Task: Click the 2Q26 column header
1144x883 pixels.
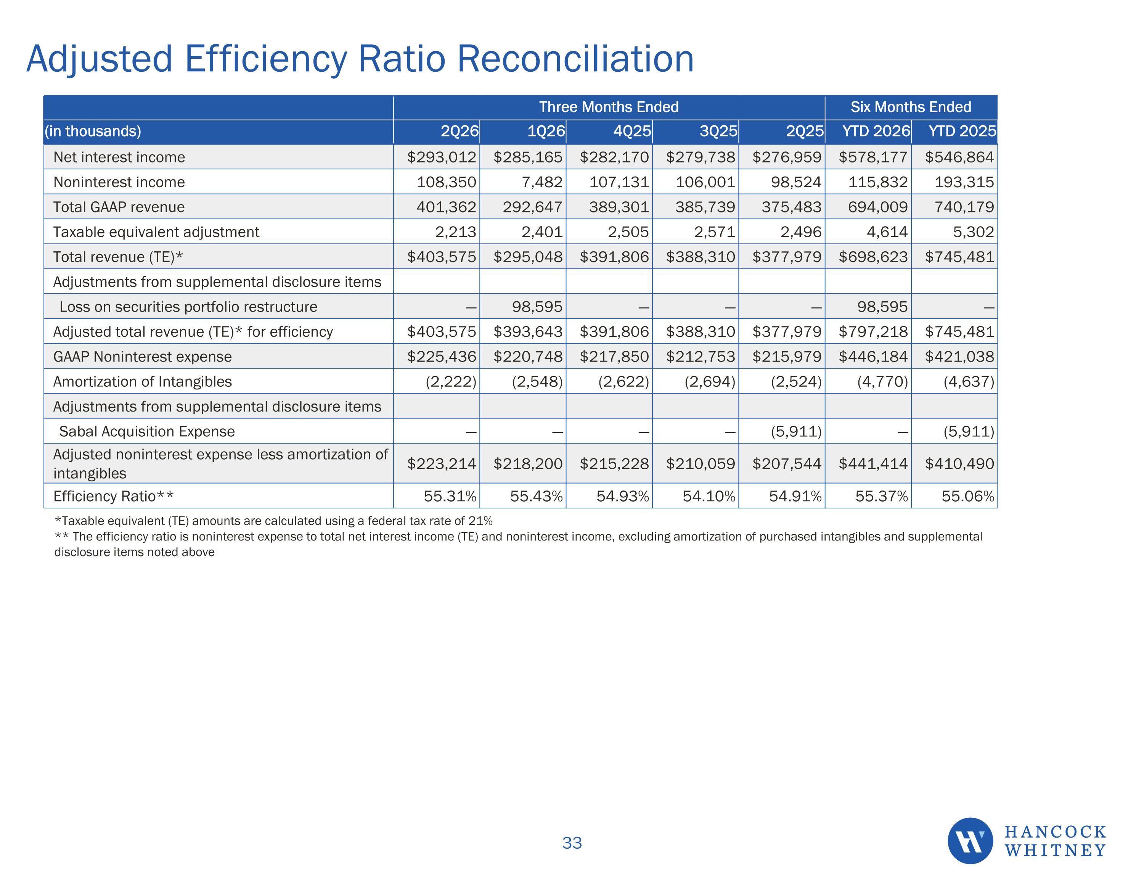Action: (x=460, y=131)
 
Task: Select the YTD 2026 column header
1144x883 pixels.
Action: (x=876, y=131)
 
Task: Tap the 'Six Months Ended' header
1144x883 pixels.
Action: (x=911, y=107)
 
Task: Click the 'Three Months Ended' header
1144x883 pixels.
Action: (x=609, y=107)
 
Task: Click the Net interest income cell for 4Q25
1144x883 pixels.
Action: (x=614, y=157)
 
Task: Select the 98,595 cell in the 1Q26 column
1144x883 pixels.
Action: (x=537, y=307)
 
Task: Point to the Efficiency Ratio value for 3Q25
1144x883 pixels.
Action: (x=709, y=496)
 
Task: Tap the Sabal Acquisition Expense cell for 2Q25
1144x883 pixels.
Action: (x=796, y=431)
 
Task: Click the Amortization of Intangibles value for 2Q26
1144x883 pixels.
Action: (x=450, y=381)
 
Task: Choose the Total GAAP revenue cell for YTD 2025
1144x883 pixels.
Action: (x=964, y=207)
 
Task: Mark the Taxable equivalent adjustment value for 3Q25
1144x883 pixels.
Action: (x=715, y=232)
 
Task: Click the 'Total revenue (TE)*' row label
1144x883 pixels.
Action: (x=118, y=257)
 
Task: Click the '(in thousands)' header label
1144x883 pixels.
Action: (x=93, y=131)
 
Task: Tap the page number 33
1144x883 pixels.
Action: (x=572, y=843)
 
